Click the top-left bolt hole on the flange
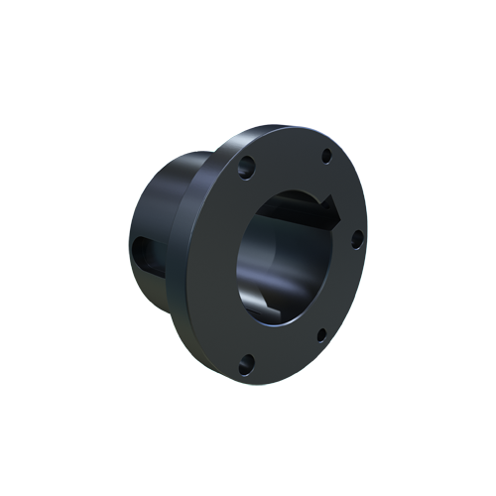point(247,165)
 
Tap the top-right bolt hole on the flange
point(325,155)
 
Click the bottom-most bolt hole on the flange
point(247,361)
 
